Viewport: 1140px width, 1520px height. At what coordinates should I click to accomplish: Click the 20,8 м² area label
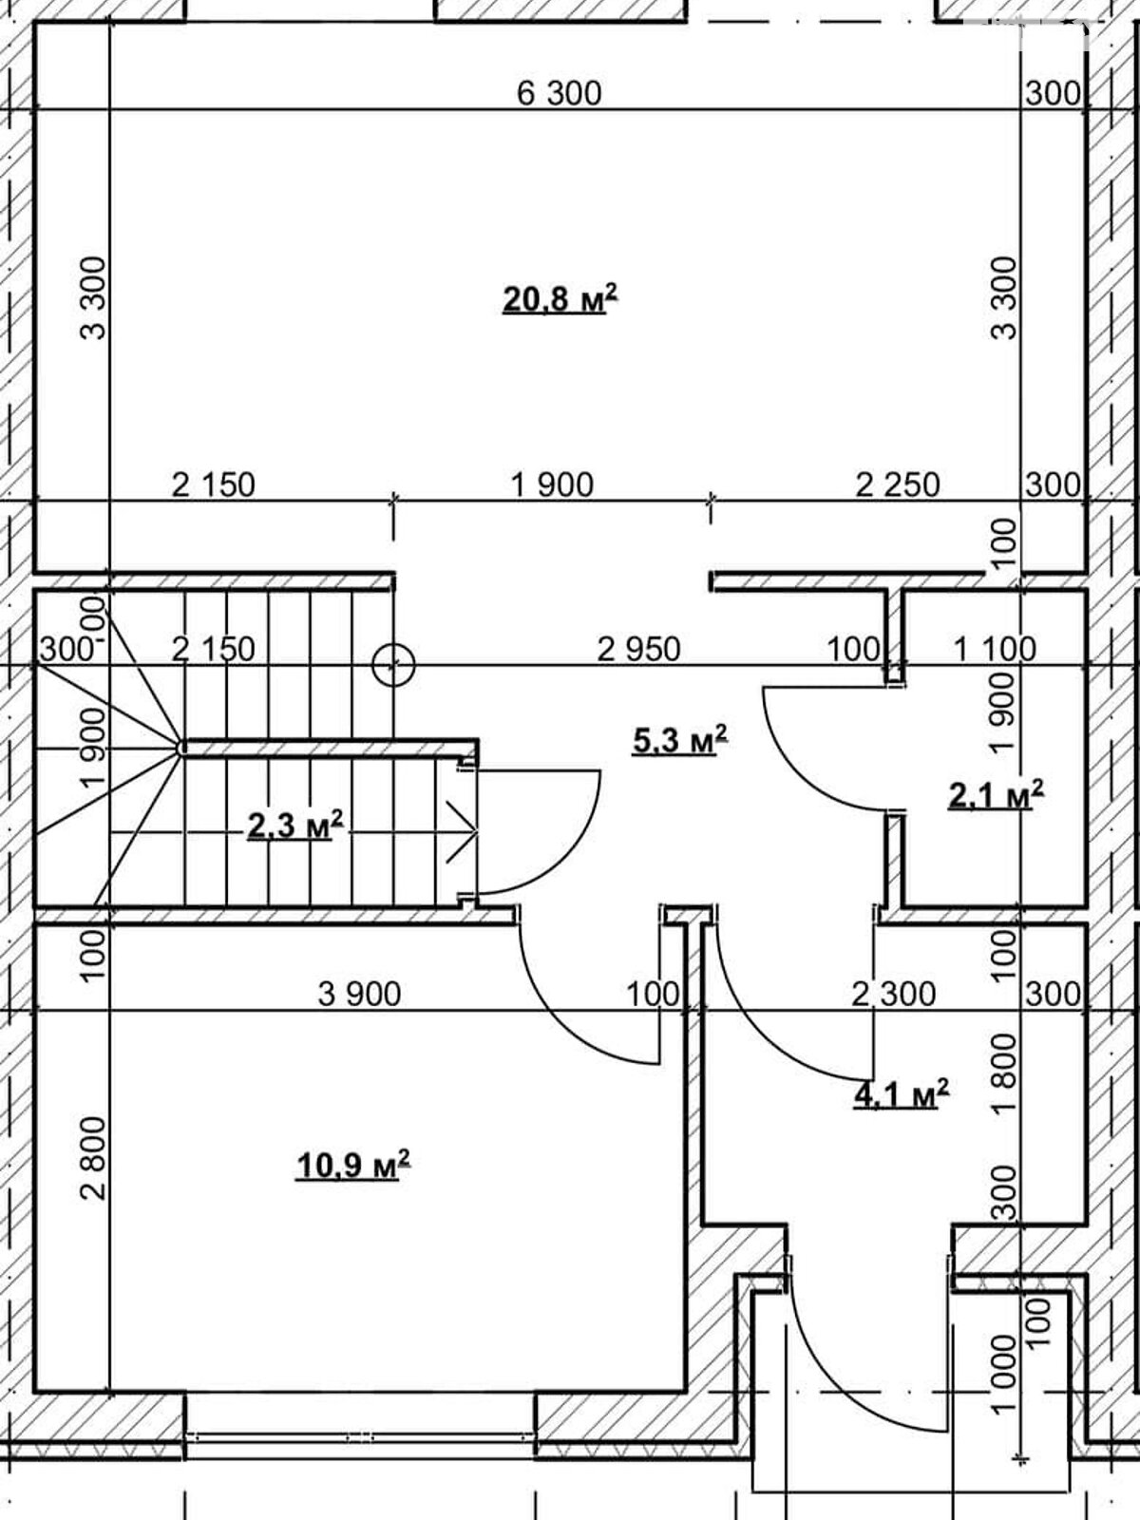pos(560,298)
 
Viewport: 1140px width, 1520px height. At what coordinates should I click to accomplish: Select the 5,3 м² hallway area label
pos(679,739)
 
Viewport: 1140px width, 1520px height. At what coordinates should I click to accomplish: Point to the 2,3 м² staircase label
pos(294,826)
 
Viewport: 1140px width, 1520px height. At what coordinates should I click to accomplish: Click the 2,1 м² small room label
pos(996,794)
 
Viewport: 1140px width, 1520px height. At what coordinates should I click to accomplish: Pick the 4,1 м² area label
pos(902,1093)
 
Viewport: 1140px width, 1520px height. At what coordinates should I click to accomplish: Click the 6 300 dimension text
pos(560,93)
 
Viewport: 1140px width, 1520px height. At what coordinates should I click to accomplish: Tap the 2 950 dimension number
pos(638,650)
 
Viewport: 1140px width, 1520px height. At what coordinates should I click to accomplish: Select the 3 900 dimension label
pos(359,995)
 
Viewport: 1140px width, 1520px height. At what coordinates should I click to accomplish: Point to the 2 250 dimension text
pos(898,484)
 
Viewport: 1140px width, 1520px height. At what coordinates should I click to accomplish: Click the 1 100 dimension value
pos(995,650)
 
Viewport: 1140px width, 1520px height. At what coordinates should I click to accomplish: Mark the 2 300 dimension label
pos(894,995)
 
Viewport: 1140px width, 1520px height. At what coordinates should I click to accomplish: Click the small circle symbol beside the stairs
pos(393,666)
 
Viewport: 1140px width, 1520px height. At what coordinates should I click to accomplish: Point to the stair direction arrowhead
pos(464,831)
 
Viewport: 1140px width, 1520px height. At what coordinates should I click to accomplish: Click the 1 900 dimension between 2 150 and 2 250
pos(552,484)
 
